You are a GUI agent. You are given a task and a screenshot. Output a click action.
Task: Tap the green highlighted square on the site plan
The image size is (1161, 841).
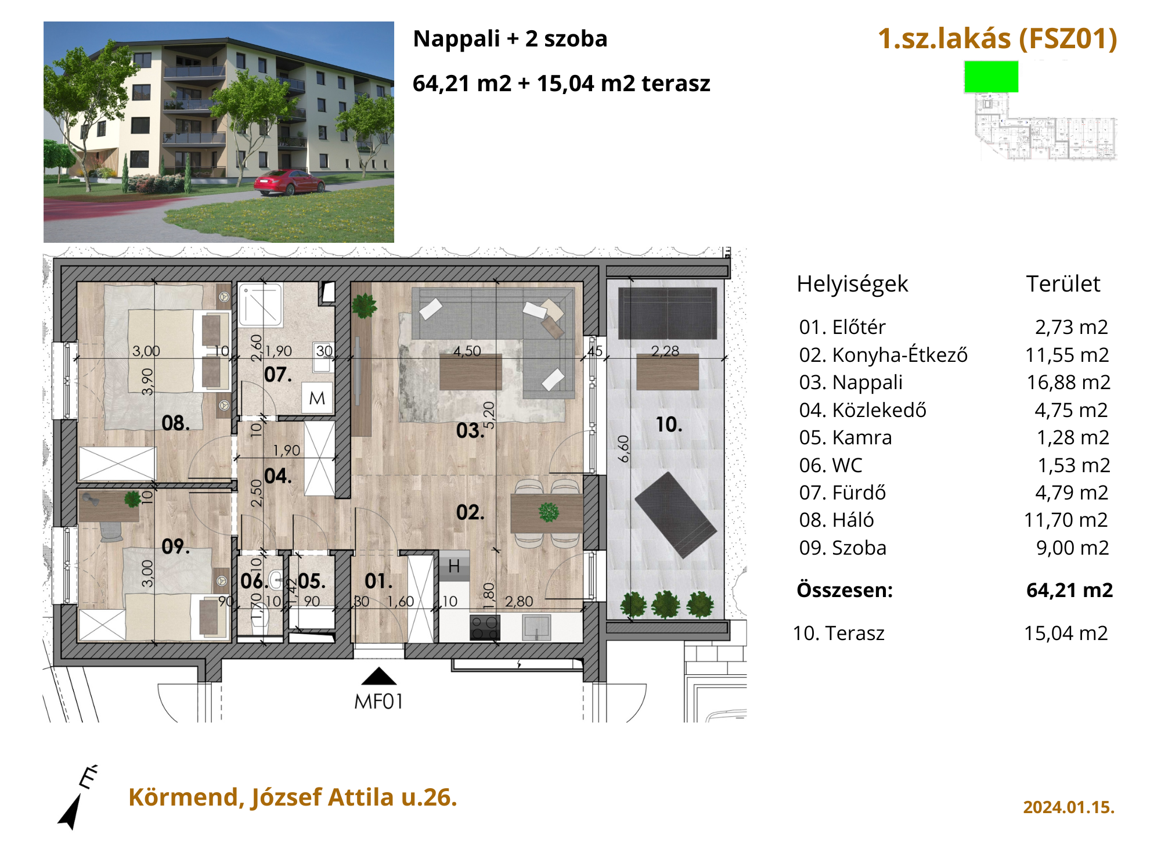tap(991, 77)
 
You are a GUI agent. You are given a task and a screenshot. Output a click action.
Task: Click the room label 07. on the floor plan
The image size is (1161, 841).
tap(278, 375)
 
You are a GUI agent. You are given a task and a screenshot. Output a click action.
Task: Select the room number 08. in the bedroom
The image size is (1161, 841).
tap(175, 423)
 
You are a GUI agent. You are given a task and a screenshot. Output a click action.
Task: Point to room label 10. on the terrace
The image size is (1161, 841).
tap(669, 425)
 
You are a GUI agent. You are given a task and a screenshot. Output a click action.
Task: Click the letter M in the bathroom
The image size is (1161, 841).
tap(317, 398)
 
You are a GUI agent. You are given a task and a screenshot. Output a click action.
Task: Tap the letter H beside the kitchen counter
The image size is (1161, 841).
tap(454, 566)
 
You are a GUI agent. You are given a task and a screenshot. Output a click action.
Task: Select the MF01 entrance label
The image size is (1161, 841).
tap(378, 702)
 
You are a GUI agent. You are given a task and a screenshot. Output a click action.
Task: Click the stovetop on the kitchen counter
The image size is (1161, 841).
tap(485, 627)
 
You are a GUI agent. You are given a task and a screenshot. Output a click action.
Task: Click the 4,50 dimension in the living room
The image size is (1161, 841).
tap(467, 351)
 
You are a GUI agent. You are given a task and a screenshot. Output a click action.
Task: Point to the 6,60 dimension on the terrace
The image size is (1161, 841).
tap(623, 448)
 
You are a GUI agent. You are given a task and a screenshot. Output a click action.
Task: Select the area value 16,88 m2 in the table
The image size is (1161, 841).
tap(1068, 382)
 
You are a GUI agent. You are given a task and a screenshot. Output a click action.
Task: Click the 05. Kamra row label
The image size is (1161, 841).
tap(845, 437)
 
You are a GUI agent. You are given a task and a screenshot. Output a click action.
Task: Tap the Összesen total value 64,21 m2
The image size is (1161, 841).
tap(1069, 590)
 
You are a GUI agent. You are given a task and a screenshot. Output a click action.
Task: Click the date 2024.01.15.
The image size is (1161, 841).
tap(1069, 807)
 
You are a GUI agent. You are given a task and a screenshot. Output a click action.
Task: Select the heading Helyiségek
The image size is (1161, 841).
tap(852, 284)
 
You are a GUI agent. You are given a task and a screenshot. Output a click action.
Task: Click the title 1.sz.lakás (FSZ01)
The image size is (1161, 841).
tap(997, 39)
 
